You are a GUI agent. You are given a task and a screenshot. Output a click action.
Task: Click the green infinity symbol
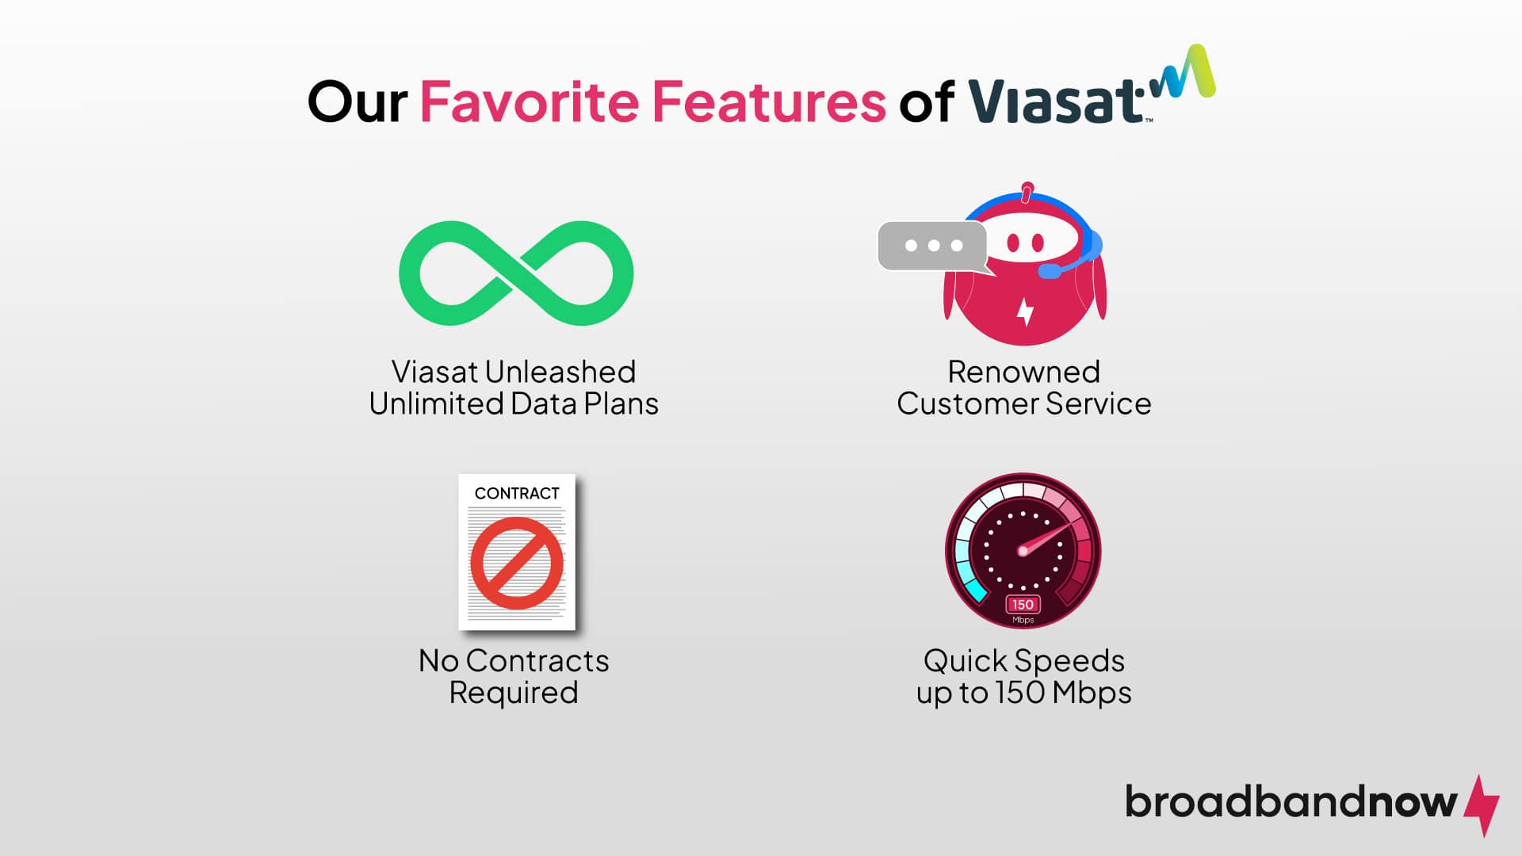[516, 273]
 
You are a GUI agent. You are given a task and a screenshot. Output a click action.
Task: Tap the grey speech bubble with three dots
[932, 246]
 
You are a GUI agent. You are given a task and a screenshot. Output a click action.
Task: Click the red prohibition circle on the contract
[517, 563]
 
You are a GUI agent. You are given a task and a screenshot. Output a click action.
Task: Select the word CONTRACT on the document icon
[517, 493]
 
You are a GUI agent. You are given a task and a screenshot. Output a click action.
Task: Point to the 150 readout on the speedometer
[1023, 605]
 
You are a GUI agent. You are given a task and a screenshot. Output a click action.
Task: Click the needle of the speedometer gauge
[1046, 537]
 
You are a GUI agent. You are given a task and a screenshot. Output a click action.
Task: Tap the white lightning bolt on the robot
[1025, 311]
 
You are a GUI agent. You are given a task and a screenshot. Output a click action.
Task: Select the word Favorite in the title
[529, 102]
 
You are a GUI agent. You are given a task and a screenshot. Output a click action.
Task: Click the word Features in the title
[768, 102]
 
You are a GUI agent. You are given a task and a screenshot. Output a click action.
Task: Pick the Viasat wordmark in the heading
[1054, 102]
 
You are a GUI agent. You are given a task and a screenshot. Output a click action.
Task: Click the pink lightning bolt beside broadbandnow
[1481, 804]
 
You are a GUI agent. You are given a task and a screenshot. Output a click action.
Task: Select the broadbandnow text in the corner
[1291, 802]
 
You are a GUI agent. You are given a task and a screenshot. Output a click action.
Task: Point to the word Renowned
[1023, 372]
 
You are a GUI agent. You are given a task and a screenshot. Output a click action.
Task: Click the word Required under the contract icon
[514, 693]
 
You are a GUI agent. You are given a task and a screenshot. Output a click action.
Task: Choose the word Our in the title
[357, 102]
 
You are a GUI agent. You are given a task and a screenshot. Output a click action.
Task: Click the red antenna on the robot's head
[1027, 192]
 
